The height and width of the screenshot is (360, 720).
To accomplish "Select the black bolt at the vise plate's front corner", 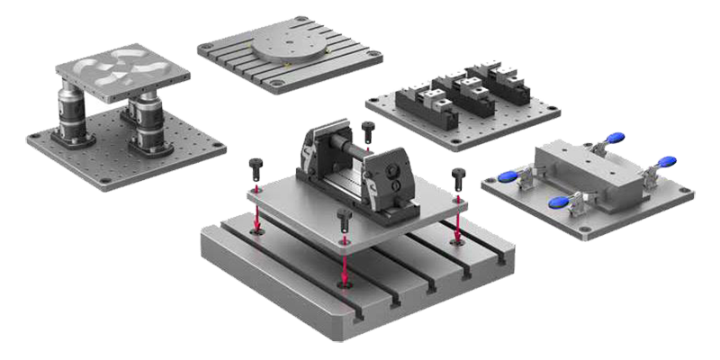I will (344, 219).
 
